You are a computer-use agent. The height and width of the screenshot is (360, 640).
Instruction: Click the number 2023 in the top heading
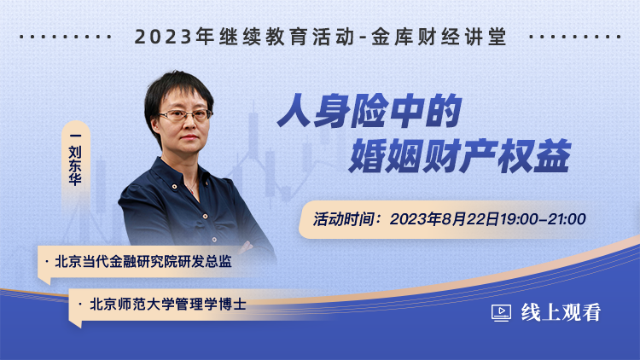[163, 37]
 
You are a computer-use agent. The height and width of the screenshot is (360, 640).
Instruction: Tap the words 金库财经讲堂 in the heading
[439, 37]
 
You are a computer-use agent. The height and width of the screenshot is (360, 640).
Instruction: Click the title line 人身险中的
[369, 111]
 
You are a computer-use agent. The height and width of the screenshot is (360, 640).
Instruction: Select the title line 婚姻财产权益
[460, 155]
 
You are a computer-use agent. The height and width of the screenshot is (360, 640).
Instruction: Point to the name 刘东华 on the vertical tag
[75, 165]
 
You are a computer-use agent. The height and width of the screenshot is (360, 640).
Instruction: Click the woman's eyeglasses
[186, 114]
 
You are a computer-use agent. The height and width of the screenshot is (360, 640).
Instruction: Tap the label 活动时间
[343, 219]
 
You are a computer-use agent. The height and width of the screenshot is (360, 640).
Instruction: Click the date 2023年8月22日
[445, 219]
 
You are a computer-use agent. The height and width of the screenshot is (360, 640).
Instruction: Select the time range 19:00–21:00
[543, 219]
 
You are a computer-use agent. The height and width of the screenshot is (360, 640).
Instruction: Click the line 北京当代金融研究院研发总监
[143, 262]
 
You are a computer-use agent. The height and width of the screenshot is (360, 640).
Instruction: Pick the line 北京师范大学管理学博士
[168, 304]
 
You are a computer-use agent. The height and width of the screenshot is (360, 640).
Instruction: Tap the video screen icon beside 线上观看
[501, 313]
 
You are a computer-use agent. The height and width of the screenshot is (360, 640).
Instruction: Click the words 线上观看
[561, 312]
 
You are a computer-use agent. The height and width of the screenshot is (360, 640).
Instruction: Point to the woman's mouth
[189, 137]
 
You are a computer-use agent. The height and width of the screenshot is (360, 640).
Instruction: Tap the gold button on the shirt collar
[175, 187]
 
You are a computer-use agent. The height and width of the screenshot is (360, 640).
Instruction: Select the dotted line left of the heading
[66, 37]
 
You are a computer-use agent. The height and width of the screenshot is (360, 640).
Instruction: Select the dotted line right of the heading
[574, 37]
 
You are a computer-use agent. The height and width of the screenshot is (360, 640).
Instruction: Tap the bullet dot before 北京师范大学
[80, 304]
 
